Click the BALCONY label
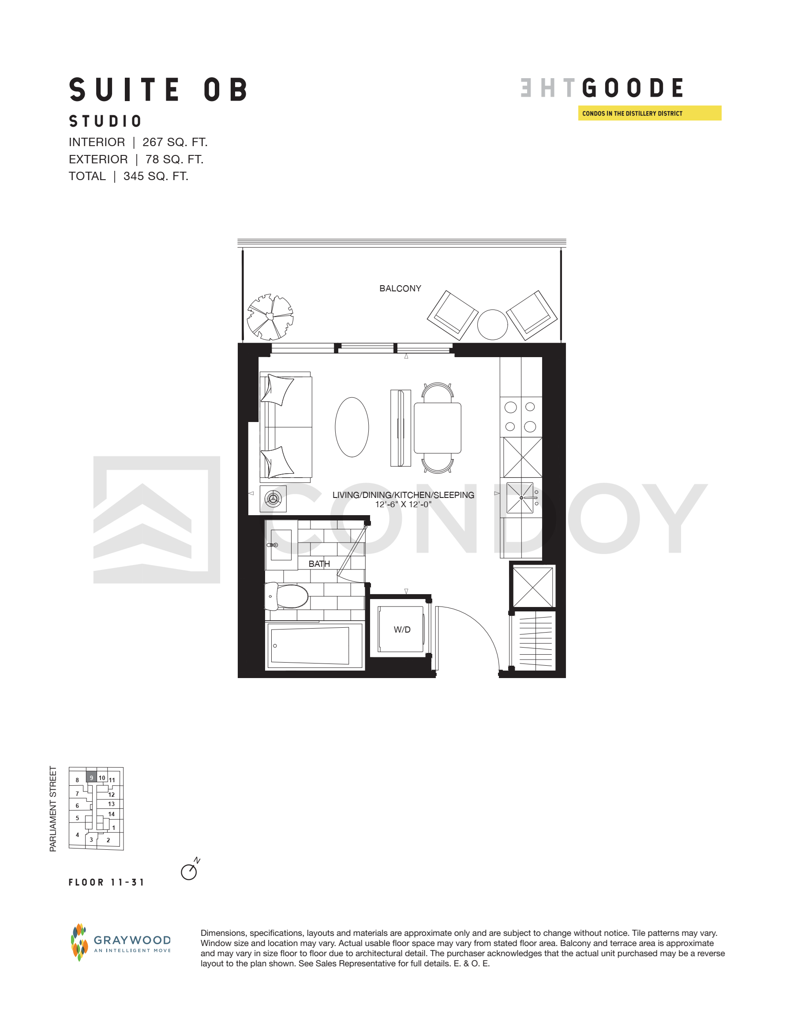[x=400, y=289]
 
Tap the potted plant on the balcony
[x=270, y=317]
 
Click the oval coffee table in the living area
[x=352, y=427]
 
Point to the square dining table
[x=438, y=427]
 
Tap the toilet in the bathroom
[x=287, y=596]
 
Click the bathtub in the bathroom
[x=314, y=646]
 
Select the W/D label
[x=402, y=630]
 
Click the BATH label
[x=319, y=564]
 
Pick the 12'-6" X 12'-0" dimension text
[x=403, y=505]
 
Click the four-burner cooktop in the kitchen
[x=520, y=417]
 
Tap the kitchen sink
[x=520, y=498]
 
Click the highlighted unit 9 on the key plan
[x=91, y=777]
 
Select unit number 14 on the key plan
[x=111, y=814]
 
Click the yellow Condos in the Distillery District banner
[x=650, y=113]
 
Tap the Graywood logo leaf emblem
[x=79, y=942]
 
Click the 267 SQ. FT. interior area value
[x=175, y=142]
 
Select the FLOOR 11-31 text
[x=106, y=882]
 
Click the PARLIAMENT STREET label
[x=53, y=809]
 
